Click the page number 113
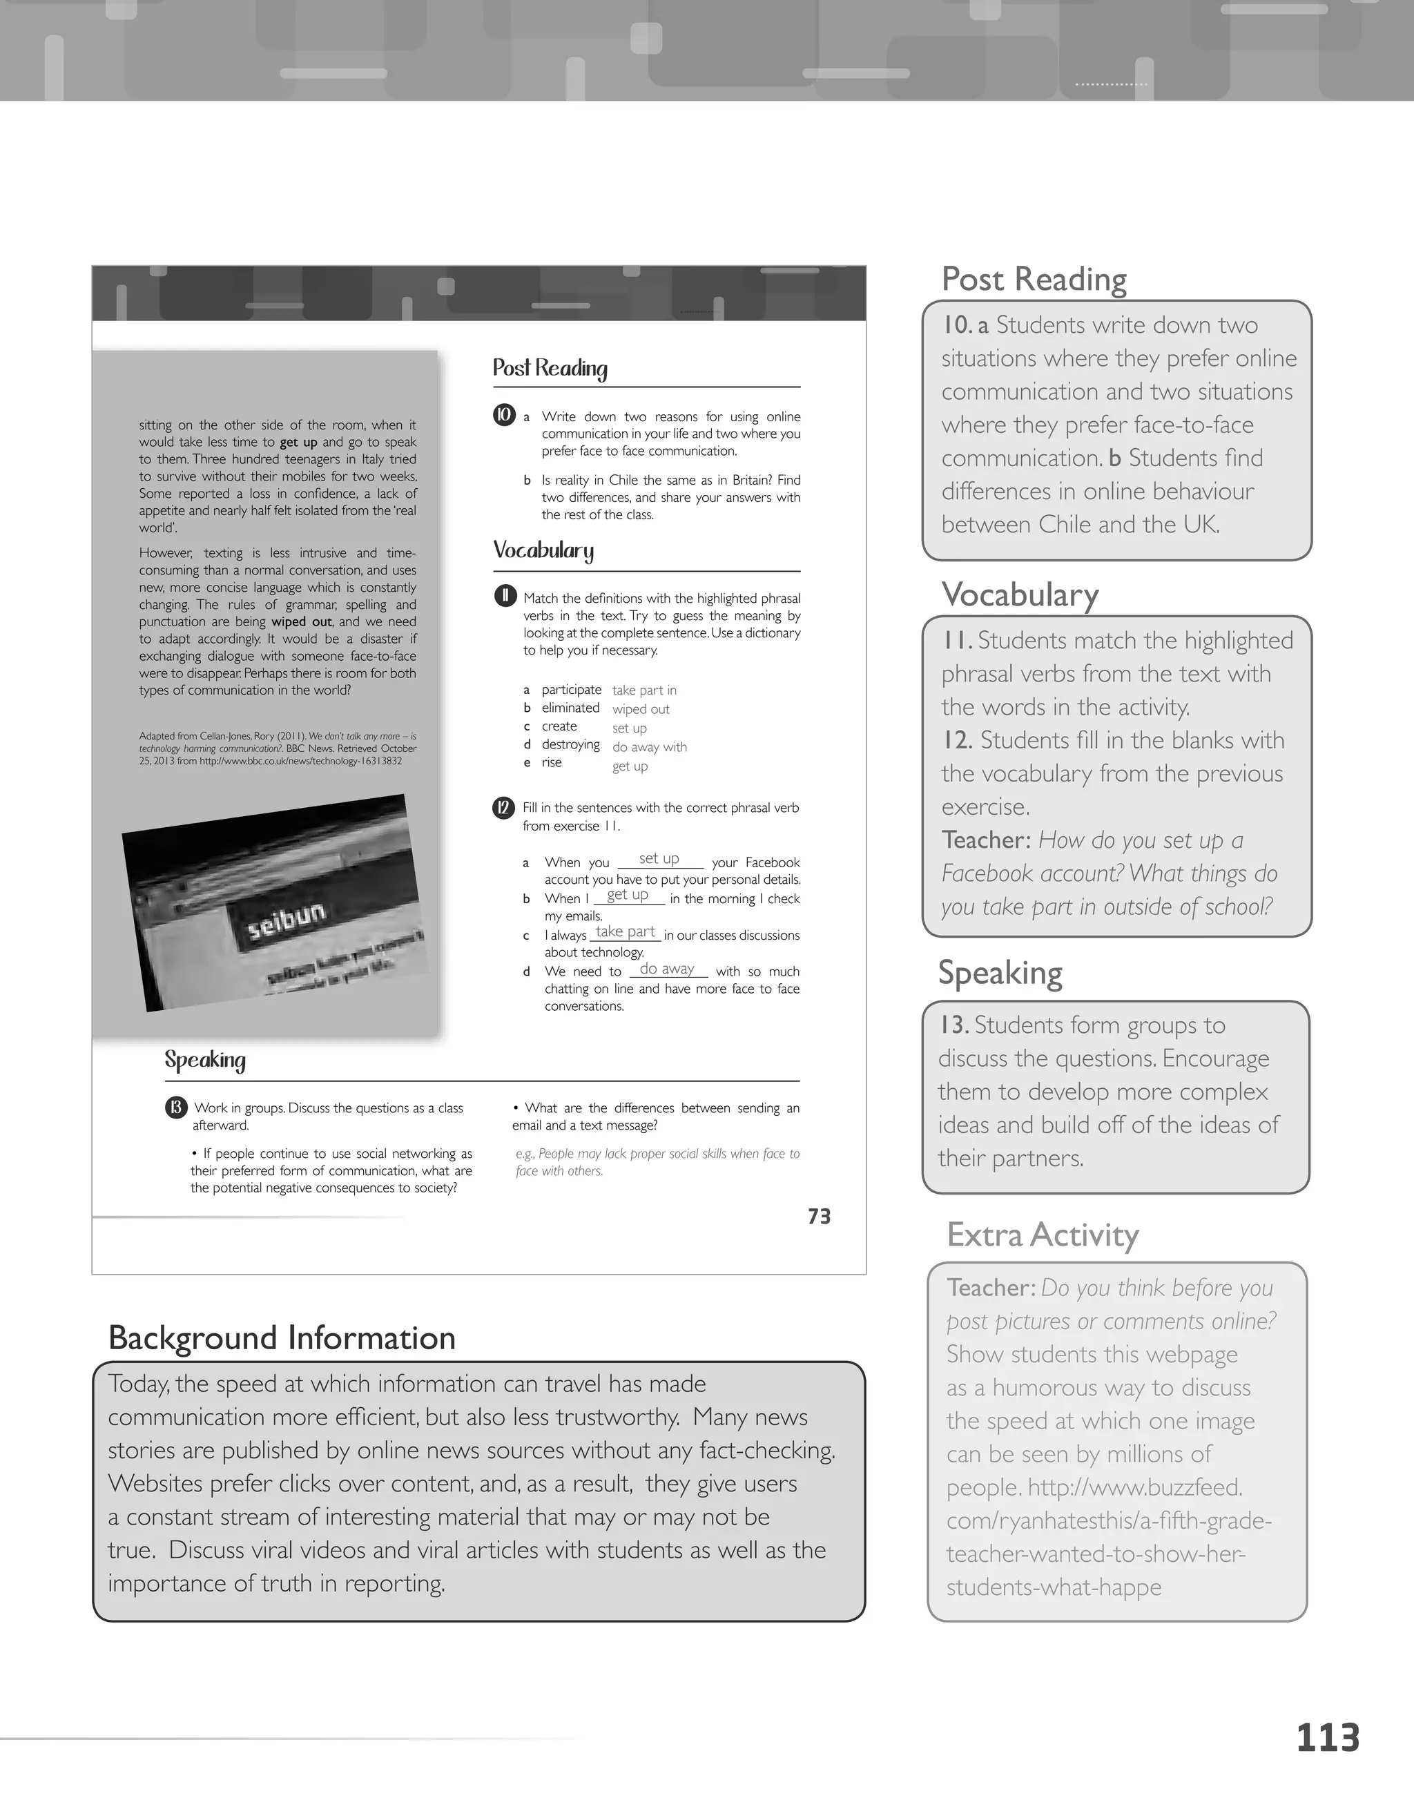(x=1328, y=1739)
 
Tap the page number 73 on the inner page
(x=819, y=1217)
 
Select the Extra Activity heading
(x=1042, y=1235)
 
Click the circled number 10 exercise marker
(x=504, y=414)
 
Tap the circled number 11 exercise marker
(x=504, y=596)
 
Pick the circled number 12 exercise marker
(x=503, y=807)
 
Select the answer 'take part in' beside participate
(x=644, y=690)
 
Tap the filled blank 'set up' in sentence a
(x=659, y=858)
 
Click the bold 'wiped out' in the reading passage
(x=301, y=622)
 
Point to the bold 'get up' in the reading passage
(x=298, y=442)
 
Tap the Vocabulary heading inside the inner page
(x=543, y=550)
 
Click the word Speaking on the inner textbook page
(x=205, y=1060)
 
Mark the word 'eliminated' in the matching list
(x=570, y=708)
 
